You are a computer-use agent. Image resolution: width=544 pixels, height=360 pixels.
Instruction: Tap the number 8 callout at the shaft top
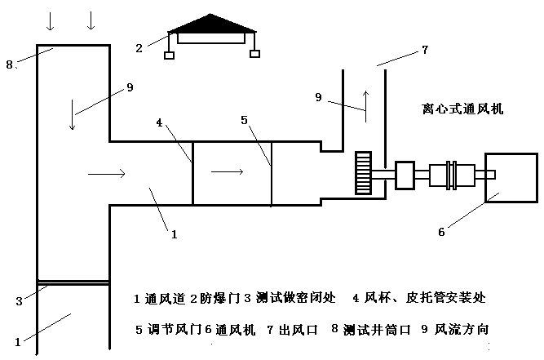point(10,64)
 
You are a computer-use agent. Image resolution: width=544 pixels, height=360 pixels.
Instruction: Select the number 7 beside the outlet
point(425,50)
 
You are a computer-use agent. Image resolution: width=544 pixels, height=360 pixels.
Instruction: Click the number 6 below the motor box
point(441,232)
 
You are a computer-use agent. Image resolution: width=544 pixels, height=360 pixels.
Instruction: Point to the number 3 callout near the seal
point(19,301)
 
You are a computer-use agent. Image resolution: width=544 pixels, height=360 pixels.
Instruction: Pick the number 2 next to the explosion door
point(139,48)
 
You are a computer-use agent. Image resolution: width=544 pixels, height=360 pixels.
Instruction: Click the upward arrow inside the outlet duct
point(366,104)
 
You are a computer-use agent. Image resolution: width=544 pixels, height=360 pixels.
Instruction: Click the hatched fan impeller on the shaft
point(363,172)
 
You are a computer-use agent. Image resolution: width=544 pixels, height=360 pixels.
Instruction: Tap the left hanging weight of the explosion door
point(169,55)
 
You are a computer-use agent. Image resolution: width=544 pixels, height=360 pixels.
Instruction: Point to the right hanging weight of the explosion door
point(254,55)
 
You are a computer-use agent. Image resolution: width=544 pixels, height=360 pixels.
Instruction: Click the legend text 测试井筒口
point(374,331)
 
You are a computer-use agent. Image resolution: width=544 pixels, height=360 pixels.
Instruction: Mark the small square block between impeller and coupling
point(405,173)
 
